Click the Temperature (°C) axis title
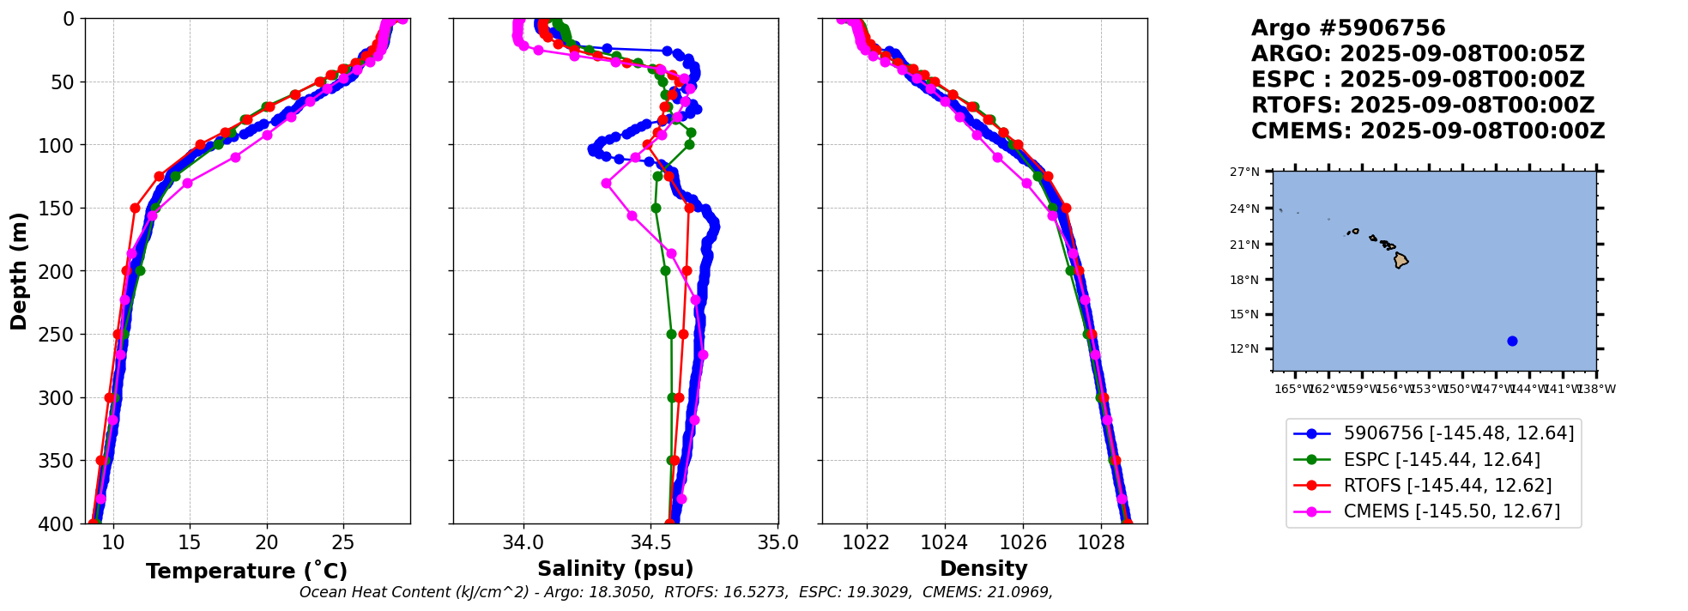(x=246, y=572)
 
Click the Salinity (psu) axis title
(x=615, y=569)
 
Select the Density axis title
(x=983, y=569)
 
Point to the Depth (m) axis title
(x=18, y=271)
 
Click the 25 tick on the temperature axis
(x=343, y=542)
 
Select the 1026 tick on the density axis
(x=1023, y=542)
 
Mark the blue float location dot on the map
(x=1512, y=341)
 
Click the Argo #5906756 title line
(x=1348, y=28)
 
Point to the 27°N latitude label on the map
(x=1244, y=172)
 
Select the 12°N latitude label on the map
(x=1244, y=349)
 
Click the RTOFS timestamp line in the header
(x=1422, y=106)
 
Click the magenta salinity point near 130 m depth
(x=606, y=183)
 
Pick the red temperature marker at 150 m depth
(x=135, y=208)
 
